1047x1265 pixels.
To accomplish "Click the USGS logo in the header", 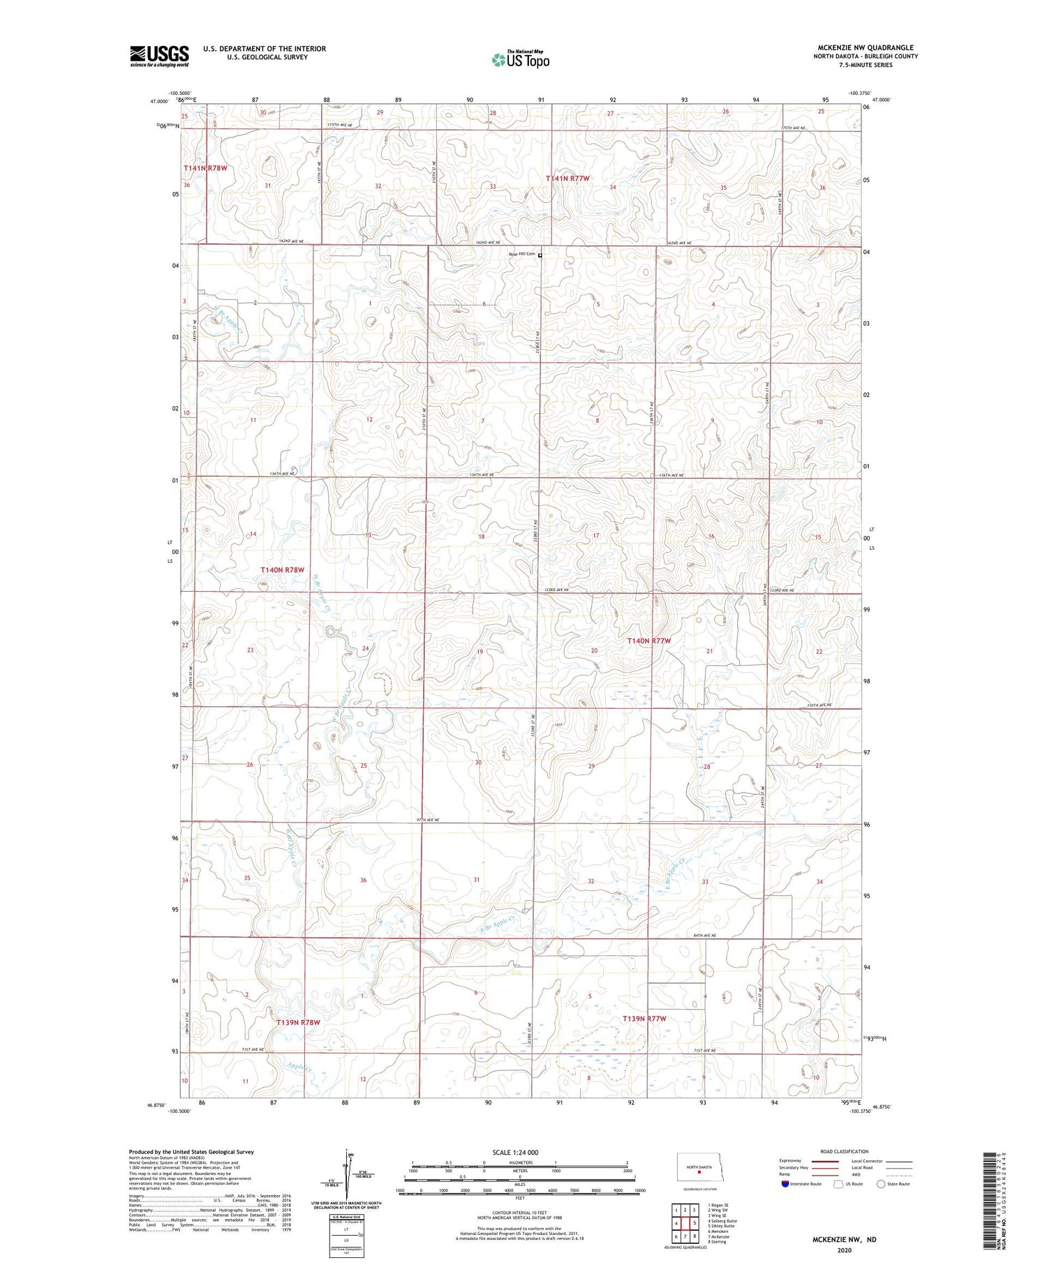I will (x=159, y=56).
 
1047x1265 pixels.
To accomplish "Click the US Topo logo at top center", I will (x=520, y=60).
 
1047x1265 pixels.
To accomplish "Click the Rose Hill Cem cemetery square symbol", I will (x=540, y=255).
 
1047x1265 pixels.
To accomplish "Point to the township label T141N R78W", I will (x=205, y=168).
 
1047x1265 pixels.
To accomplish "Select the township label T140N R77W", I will (x=648, y=641).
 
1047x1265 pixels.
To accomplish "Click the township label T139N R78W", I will (x=298, y=1022).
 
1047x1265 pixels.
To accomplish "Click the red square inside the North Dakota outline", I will (x=699, y=1172).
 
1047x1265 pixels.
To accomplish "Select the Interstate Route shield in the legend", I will (x=785, y=1183).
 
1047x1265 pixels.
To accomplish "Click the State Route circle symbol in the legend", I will (x=881, y=1183).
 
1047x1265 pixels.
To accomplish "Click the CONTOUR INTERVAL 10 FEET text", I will (x=519, y=1214).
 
